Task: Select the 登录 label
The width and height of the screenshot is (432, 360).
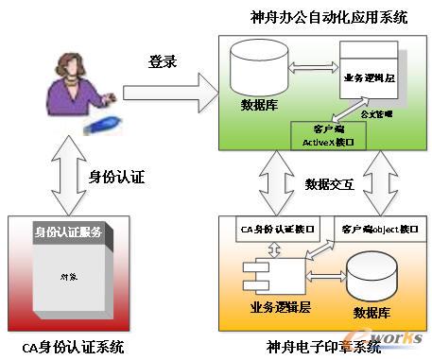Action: (x=163, y=61)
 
